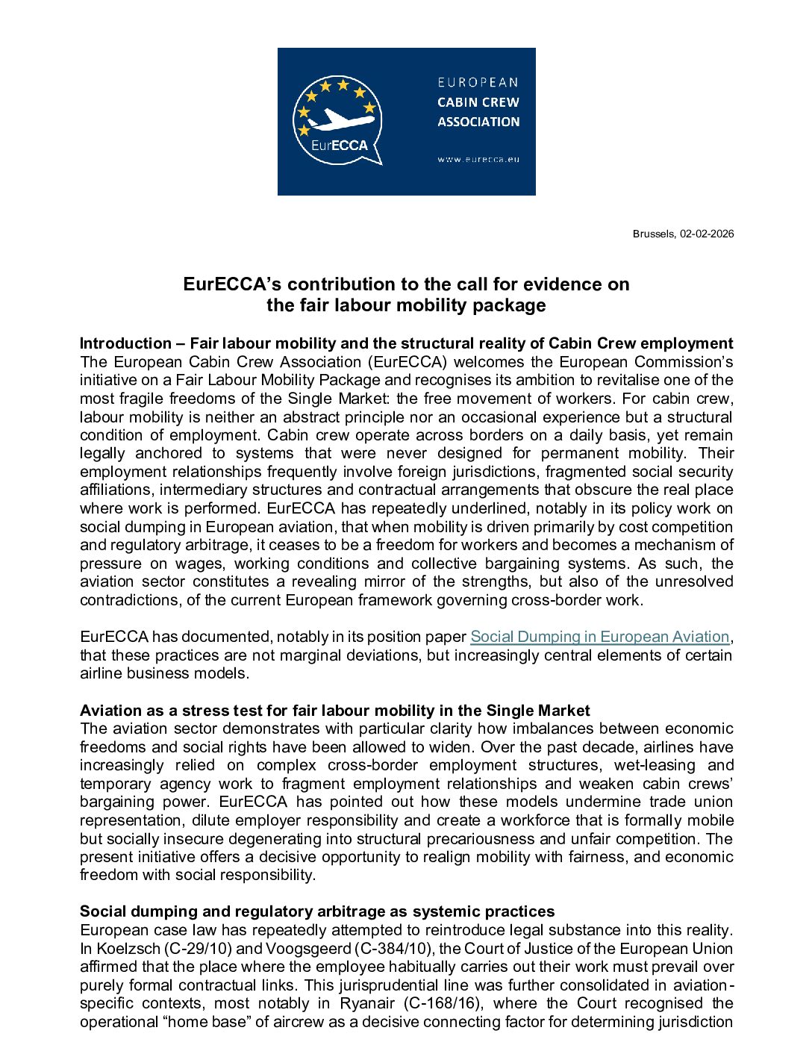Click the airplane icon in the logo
[x=340, y=119]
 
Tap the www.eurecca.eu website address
[x=478, y=159]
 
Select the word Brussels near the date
[x=654, y=234]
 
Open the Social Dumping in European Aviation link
[x=599, y=637]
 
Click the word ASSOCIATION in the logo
[x=478, y=122]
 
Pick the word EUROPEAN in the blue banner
[x=478, y=82]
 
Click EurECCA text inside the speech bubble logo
[x=340, y=146]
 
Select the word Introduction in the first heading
[x=125, y=343]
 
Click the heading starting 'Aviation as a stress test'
[x=334, y=711]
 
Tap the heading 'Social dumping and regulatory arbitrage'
[x=317, y=911]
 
